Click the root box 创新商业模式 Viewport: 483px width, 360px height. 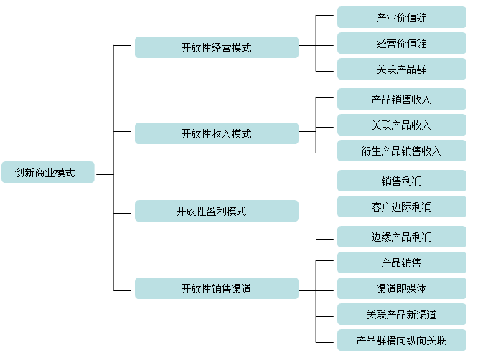(x=48, y=172)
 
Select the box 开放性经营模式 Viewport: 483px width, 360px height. (x=217, y=47)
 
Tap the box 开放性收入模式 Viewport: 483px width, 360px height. (x=217, y=133)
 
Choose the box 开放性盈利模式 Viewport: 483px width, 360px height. (x=217, y=211)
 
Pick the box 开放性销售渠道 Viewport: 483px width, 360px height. (x=217, y=288)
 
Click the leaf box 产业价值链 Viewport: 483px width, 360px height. (x=401, y=17)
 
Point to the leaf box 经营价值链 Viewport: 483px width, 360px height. (x=401, y=43)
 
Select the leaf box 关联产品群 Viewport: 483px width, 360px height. (x=401, y=69)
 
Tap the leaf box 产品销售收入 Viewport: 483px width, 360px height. (x=401, y=99)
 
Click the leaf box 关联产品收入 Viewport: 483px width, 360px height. (x=401, y=125)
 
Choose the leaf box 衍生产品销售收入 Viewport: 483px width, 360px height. (x=401, y=151)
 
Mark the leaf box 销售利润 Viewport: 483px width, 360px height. (x=401, y=181)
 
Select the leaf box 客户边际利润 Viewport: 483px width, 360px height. (x=401, y=207)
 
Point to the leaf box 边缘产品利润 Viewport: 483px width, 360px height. (x=401, y=237)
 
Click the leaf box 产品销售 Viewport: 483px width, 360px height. (x=401, y=262)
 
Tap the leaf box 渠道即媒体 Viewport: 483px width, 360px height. (x=401, y=288)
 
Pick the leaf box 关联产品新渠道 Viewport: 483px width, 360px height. (x=401, y=314)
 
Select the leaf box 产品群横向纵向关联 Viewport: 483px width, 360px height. (x=401, y=340)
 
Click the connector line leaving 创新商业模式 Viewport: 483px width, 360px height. (x=104, y=174)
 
